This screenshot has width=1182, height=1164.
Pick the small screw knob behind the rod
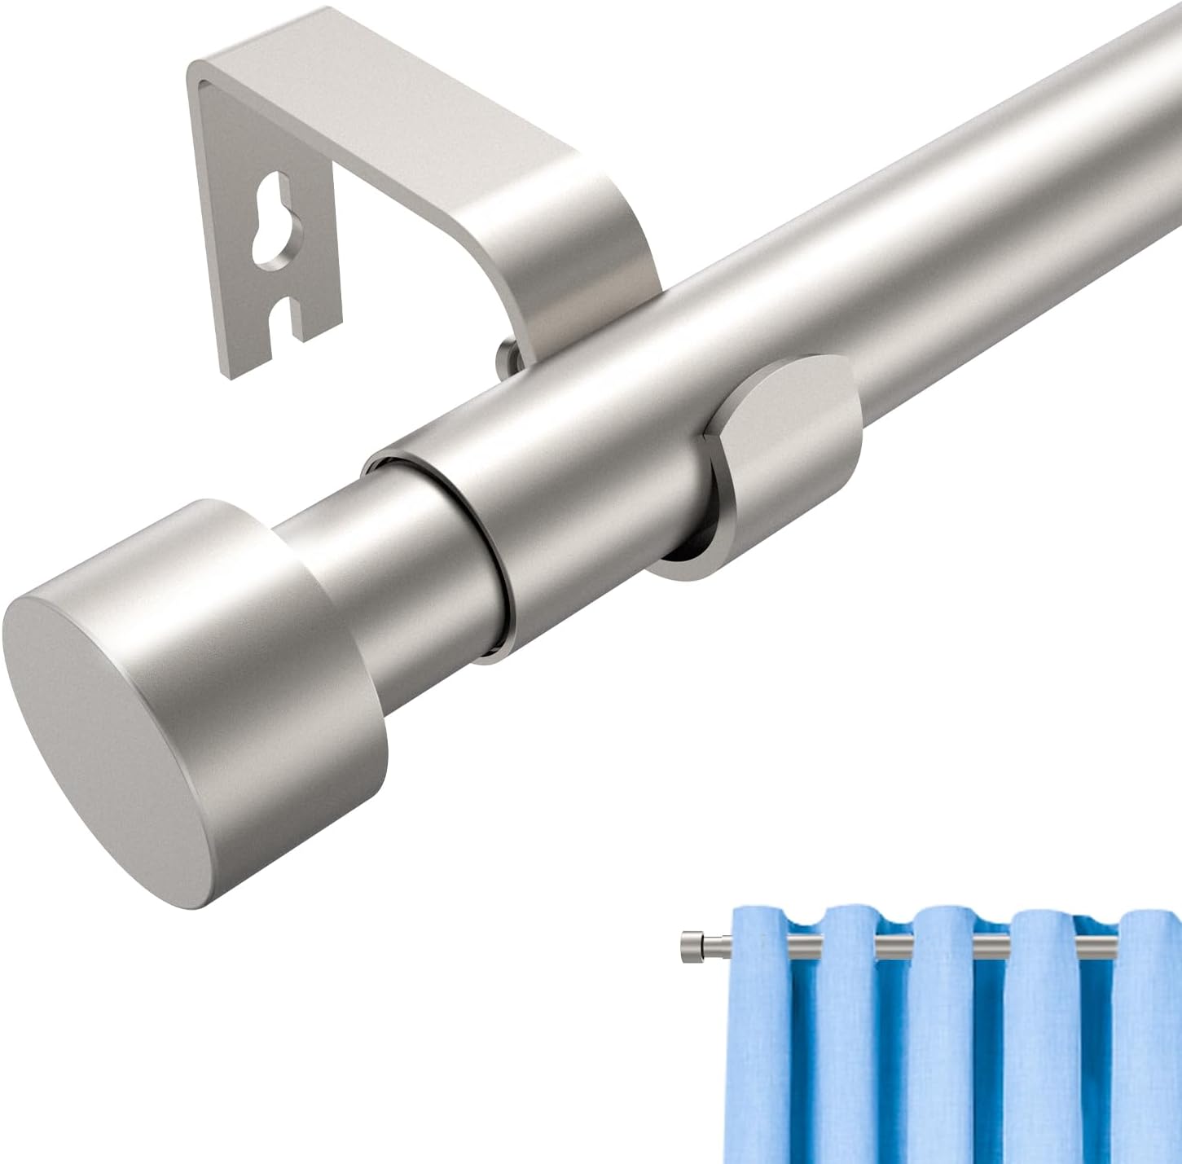click(x=507, y=358)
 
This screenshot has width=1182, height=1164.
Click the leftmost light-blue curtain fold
click(x=766, y=1043)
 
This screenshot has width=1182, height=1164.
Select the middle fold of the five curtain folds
click(x=945, y=1043)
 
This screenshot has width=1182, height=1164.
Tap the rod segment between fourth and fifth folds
click(x=1096, y=946)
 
